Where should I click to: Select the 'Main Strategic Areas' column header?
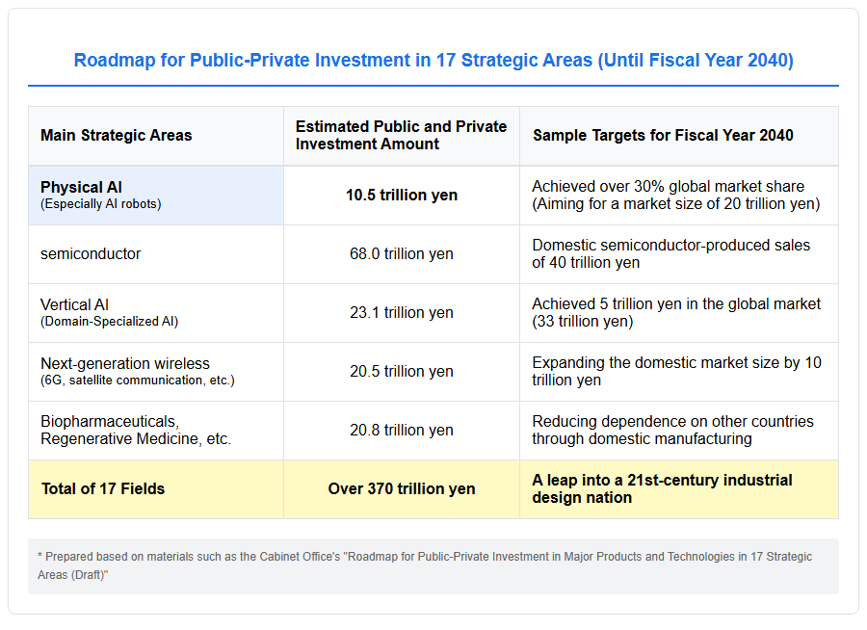117,136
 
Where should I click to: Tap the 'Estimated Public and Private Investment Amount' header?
401,136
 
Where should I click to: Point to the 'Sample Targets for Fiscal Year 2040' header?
663,136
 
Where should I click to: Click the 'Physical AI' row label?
81,188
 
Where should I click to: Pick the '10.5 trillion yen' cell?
402,196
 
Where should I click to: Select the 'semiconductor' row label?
91,254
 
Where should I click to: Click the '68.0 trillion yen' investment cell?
402,254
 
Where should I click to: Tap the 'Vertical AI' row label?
74,304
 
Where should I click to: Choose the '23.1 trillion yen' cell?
402,312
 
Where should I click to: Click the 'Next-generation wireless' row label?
125,363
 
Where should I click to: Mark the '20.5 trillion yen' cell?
402,371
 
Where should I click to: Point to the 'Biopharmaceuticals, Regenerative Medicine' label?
136,431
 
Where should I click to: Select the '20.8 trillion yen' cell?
402,431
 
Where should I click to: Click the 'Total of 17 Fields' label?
103,489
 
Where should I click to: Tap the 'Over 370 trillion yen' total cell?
402,489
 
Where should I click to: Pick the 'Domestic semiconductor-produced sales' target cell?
670,254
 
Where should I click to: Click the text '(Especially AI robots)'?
100,204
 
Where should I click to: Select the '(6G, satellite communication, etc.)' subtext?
138,381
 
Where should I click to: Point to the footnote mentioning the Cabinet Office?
425,565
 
